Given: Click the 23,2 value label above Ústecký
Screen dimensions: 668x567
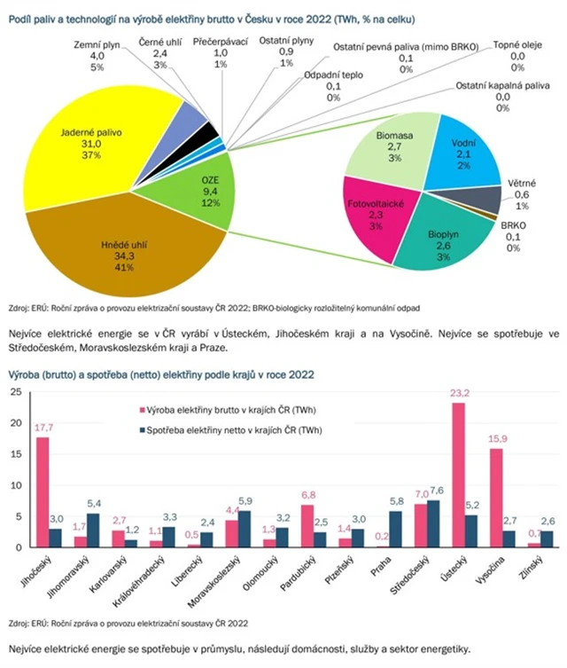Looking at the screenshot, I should coord(459,395).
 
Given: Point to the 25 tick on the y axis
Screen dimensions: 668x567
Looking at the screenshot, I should coord(14,392).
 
